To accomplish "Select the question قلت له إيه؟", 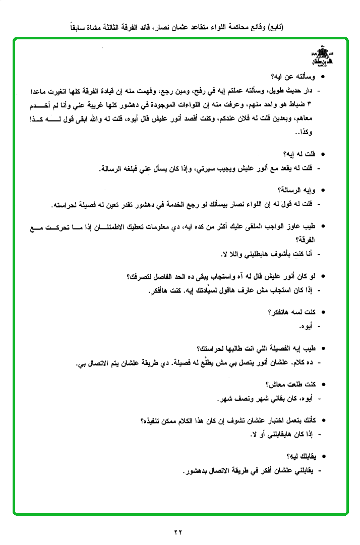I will click(x=299, y=154).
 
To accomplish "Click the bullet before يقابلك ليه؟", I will click(x=323, y=457).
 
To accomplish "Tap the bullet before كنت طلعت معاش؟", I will click(x=323, y=385).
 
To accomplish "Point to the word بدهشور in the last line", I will click(x=197, y=471).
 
